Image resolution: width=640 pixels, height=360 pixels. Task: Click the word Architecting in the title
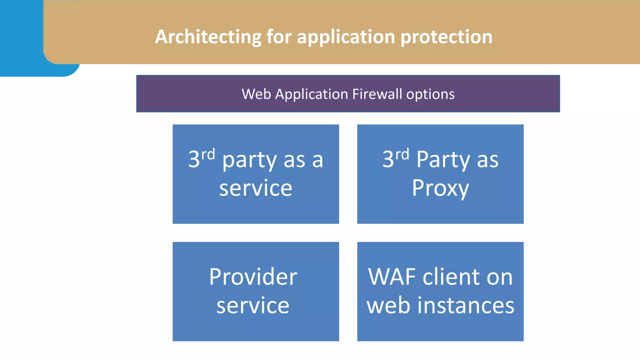point(208,37)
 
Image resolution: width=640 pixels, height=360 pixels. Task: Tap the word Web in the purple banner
point(256,94)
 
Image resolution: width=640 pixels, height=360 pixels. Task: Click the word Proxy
point(440,188)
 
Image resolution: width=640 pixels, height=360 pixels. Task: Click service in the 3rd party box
point(256,188)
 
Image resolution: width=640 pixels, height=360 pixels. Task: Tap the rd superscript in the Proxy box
point(402,155)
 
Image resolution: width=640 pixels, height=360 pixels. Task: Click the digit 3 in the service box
point(194,159)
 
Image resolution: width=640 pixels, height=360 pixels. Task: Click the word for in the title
point(279,37)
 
